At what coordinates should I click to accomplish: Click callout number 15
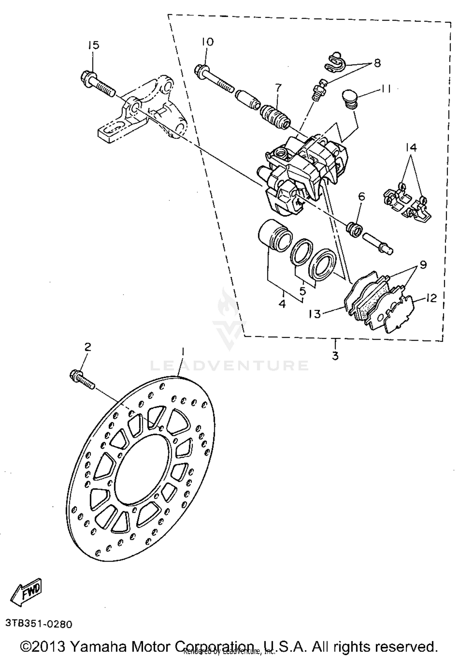pos(94,45)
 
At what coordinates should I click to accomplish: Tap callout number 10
pos(207,42)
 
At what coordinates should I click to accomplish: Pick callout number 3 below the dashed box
pos(335,356)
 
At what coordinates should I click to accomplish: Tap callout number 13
pos(315,314)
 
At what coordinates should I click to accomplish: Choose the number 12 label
pos(431,298)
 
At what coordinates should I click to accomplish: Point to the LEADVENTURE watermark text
pos(229,366)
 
